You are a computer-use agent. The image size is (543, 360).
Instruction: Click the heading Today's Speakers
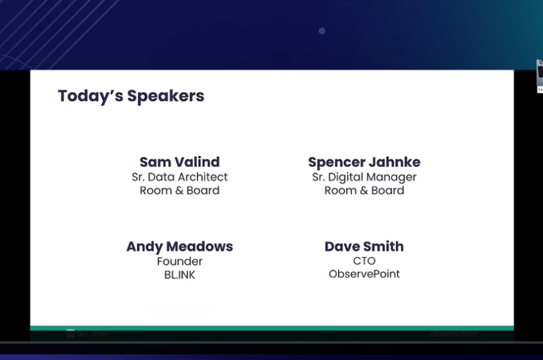[x=131, y=96]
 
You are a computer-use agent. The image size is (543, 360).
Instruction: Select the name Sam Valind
[x=179, y=162]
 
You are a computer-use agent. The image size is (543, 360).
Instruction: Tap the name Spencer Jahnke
[x=364, y=162]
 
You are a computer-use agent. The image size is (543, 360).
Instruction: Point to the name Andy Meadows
[x=179, y=247]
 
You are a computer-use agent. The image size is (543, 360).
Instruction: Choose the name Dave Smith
[x=364, y=247]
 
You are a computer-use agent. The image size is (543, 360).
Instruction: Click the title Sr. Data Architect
[x=179, y=177]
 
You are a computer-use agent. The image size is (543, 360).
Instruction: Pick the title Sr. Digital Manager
[x=364, y=177]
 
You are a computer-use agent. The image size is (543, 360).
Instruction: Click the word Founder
[x=179, y=261]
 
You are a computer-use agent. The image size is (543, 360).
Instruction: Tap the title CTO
[x=364, y=261]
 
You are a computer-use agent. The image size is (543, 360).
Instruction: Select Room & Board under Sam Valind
[x=179, y=191]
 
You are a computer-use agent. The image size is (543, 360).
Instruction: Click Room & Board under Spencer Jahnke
[x=364, y=191]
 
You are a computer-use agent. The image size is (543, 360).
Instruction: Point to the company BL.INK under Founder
[x=179, y=275]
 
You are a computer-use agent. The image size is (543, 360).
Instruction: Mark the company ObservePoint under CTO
[x=364, y=274]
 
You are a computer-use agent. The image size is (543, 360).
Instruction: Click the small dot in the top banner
[x=322, y=31]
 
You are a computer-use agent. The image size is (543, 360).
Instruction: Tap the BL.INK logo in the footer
[x=87, y=334]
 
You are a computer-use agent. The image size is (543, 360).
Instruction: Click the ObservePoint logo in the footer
[x=453, y=334]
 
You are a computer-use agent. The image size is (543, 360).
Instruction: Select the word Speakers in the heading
[x=166, y=96]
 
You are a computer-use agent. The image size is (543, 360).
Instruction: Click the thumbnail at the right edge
[x=539, y=76]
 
